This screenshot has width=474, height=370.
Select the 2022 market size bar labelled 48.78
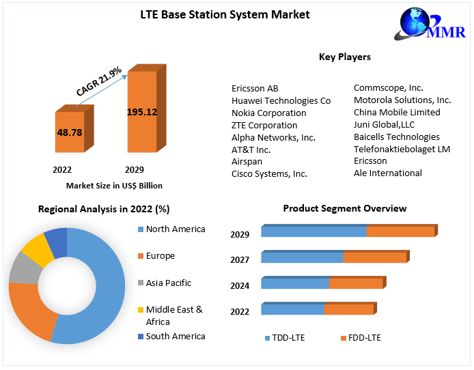click(69, 131)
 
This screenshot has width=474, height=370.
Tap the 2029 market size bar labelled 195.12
click(142, 111)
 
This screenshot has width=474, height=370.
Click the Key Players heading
click(345, 57)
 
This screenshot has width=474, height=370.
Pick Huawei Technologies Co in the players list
click(281, 100)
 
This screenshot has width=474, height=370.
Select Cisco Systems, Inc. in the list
click(269, 174)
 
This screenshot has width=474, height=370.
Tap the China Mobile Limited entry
click(397, 112)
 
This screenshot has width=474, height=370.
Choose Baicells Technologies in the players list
click(397, 137)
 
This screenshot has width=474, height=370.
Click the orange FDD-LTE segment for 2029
click(400, 231)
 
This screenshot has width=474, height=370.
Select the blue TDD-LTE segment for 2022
click(292, 309)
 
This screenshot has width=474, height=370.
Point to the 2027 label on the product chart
click(240, 259)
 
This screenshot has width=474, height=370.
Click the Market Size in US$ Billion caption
click(114, 186)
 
